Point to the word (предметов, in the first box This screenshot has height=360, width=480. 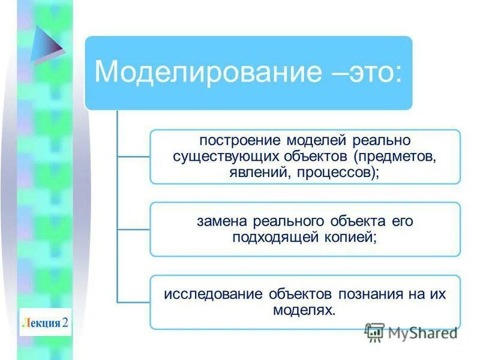coord(395,157)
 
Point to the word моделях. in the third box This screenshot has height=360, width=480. coord(305,310)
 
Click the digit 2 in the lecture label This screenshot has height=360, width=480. coord(65,323)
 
